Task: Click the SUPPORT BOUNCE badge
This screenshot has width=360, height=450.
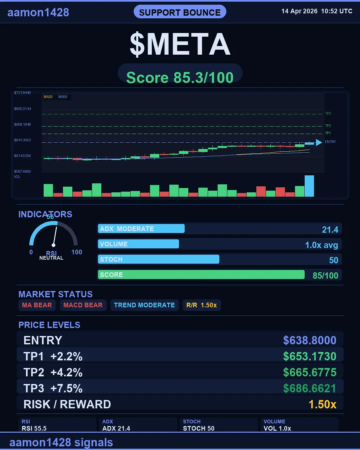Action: point(180,12)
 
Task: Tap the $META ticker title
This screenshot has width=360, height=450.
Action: point(180,44)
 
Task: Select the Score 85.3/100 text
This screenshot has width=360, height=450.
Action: point(180,78)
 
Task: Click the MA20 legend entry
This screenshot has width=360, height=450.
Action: point(48,97)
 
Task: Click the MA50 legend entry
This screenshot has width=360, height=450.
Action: point(63,97)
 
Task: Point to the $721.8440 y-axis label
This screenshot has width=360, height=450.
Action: point(22,93)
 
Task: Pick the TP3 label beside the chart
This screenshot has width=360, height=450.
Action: point(328,114)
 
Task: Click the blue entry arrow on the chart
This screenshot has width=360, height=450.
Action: point(318,143)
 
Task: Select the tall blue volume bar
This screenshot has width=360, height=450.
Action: point(309,186)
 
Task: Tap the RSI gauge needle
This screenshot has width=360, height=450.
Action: point(55,236)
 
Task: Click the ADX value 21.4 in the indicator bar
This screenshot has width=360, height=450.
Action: point(330,230)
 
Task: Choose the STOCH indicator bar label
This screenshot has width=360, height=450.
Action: point(111,259)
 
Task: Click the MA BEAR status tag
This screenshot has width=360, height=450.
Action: point(37,305)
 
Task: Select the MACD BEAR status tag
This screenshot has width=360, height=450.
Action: point(83,305)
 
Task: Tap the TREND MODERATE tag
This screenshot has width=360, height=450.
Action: point(144,305)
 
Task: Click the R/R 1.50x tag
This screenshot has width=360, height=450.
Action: point(202,305)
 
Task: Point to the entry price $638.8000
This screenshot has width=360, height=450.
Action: point(310,340)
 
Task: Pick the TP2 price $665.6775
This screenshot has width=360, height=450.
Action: point(310,372)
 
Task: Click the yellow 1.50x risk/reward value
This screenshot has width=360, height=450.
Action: point(322,404)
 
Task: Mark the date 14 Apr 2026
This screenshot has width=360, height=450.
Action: point(299,11)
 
